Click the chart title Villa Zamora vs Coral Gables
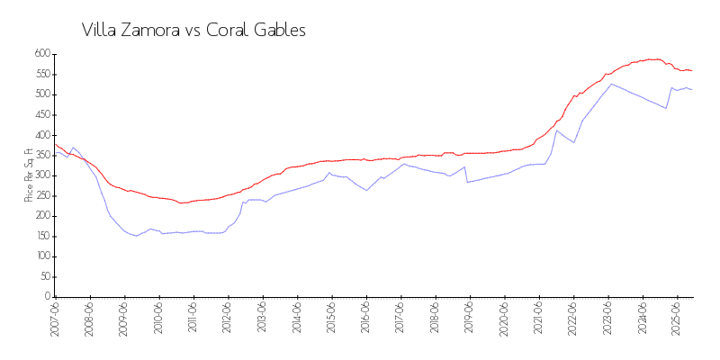(193, 30)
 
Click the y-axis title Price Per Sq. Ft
(29, 175)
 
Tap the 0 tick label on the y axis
(47, 297)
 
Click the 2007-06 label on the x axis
(55, 319)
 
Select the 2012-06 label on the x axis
(228, 319)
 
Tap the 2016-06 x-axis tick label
(366, 319)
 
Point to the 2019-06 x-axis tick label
(470, 319)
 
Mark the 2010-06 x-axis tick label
(158, 319)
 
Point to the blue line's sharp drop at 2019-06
(466, 175)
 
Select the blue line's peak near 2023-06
(611, 84)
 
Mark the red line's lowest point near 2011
(182, 202)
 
